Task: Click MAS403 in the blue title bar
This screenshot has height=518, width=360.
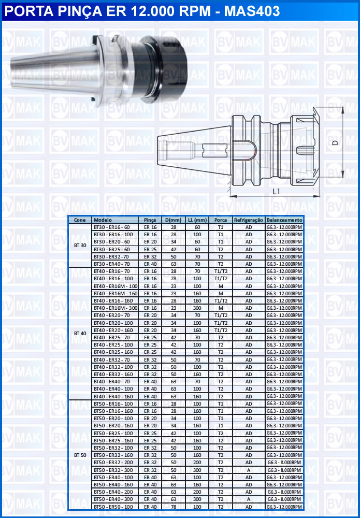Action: click(x=252, y=11)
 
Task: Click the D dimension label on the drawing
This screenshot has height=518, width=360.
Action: click(x=335, y=142)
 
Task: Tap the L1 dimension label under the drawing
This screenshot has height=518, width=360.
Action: click(x=277, y=191)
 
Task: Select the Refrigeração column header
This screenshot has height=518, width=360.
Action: click(x=249, y=220)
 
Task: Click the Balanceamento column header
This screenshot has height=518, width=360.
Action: click(x=284, y=220)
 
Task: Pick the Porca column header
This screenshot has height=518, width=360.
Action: click(x=221, y=220)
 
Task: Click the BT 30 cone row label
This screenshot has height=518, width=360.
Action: click(x=80, y=246)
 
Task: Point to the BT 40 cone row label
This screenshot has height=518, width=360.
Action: click(x=80, y=333)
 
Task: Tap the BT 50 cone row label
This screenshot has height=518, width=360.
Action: click(x=80, y=455)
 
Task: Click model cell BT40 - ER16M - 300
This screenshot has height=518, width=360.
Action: click(x=116, y=308)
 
